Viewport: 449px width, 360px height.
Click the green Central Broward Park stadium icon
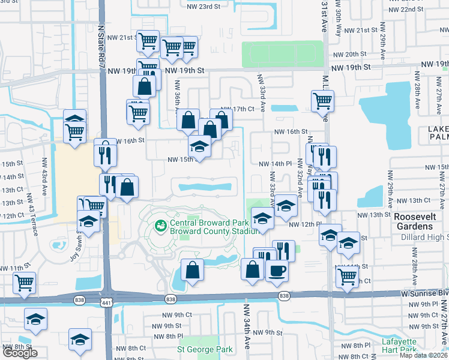[x=160, y=226]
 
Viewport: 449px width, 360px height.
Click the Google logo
[x=20, y=353]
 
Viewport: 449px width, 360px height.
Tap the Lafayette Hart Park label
[x=399, y=346]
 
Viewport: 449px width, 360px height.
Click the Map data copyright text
[x=423, y=355]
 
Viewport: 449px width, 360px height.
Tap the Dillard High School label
[x=421, y=238]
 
